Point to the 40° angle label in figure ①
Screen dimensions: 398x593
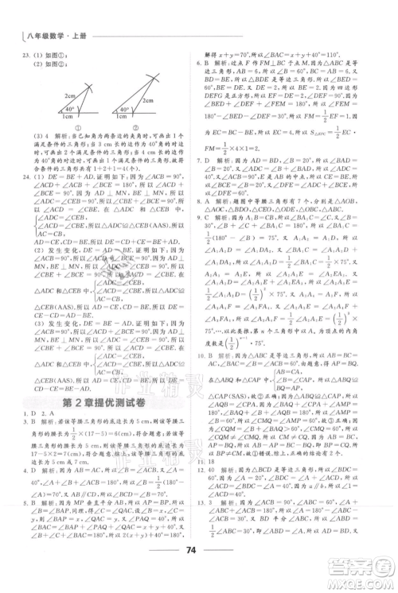point(68,110)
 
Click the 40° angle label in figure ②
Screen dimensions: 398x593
point(125,109)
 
